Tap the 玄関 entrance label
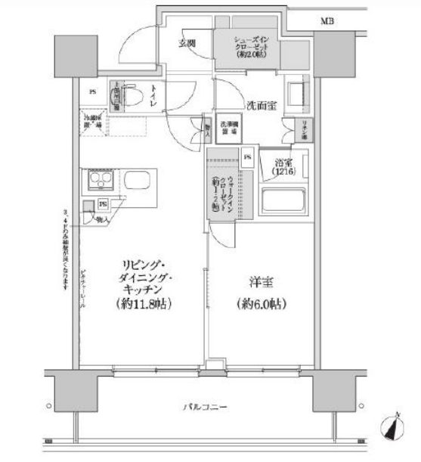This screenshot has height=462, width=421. pos(188,42)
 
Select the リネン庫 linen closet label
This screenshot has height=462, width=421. pos(300,128)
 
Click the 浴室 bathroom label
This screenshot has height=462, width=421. pos(283,167)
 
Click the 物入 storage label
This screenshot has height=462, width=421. pos(101,219)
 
